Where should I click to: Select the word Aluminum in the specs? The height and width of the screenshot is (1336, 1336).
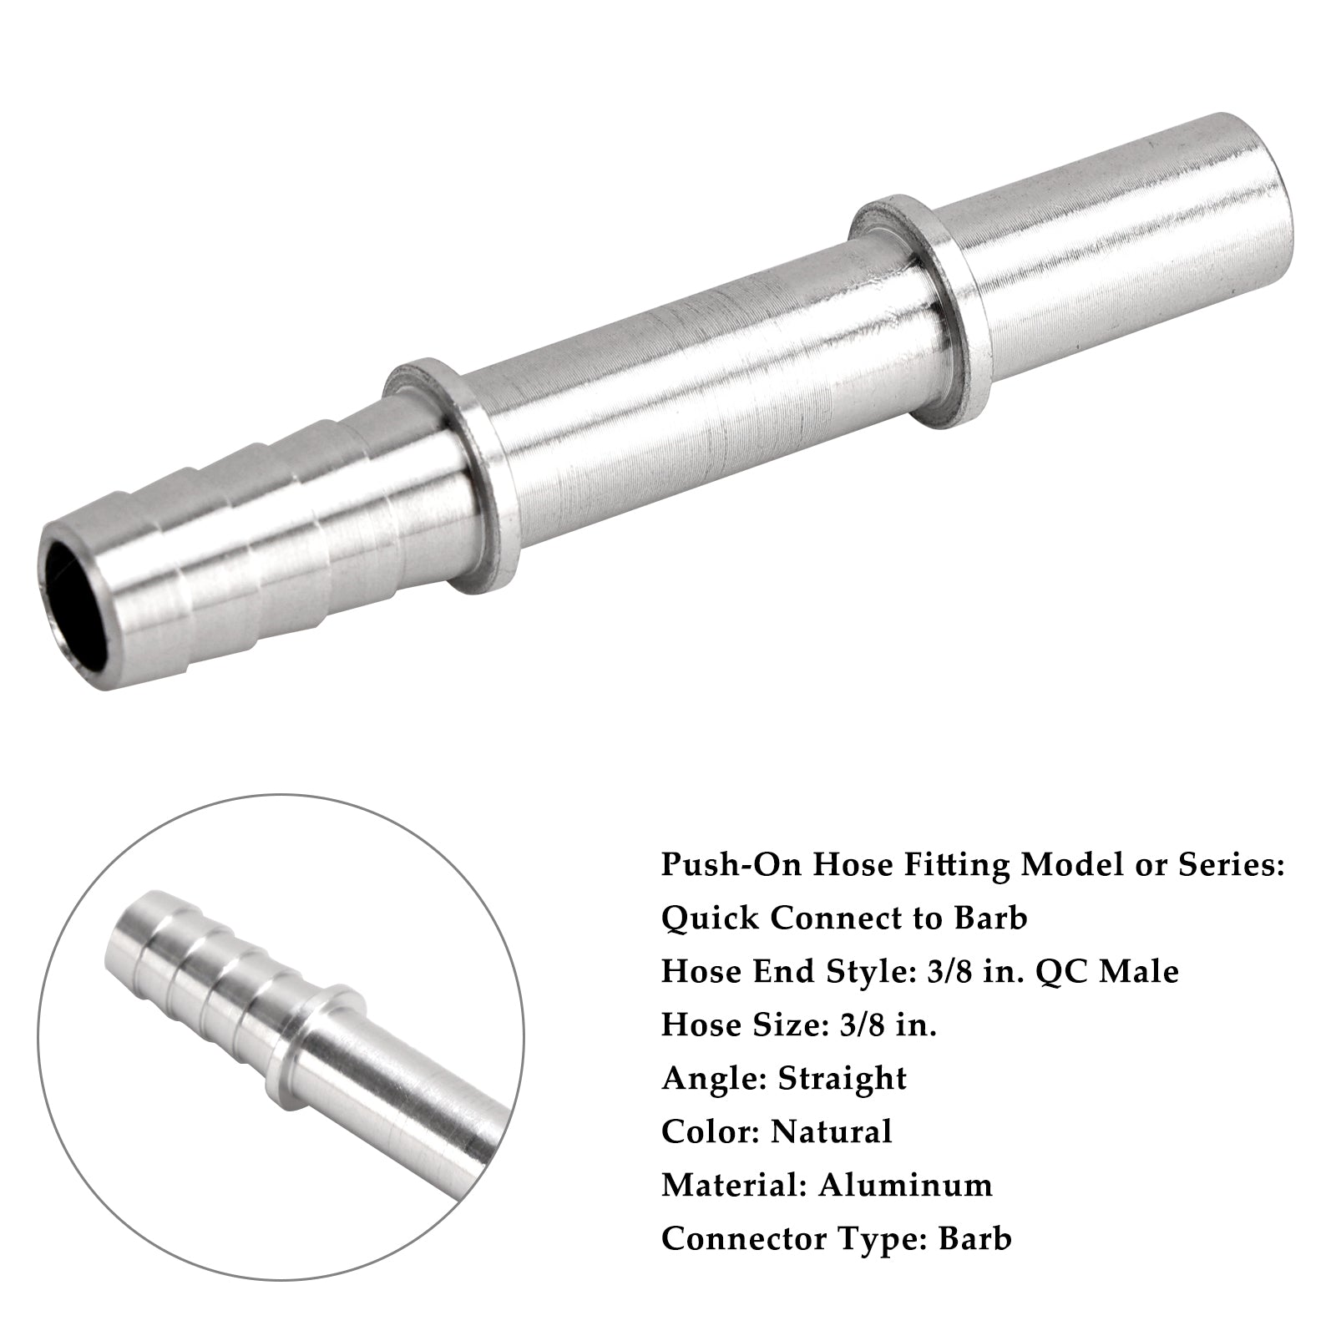coord(905,1186)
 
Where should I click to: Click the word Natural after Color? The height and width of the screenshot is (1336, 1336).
coord(831,1132)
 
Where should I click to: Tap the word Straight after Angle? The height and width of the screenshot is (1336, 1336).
coord(842,1079)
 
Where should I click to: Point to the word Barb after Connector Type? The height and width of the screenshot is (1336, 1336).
coord(974,1239)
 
